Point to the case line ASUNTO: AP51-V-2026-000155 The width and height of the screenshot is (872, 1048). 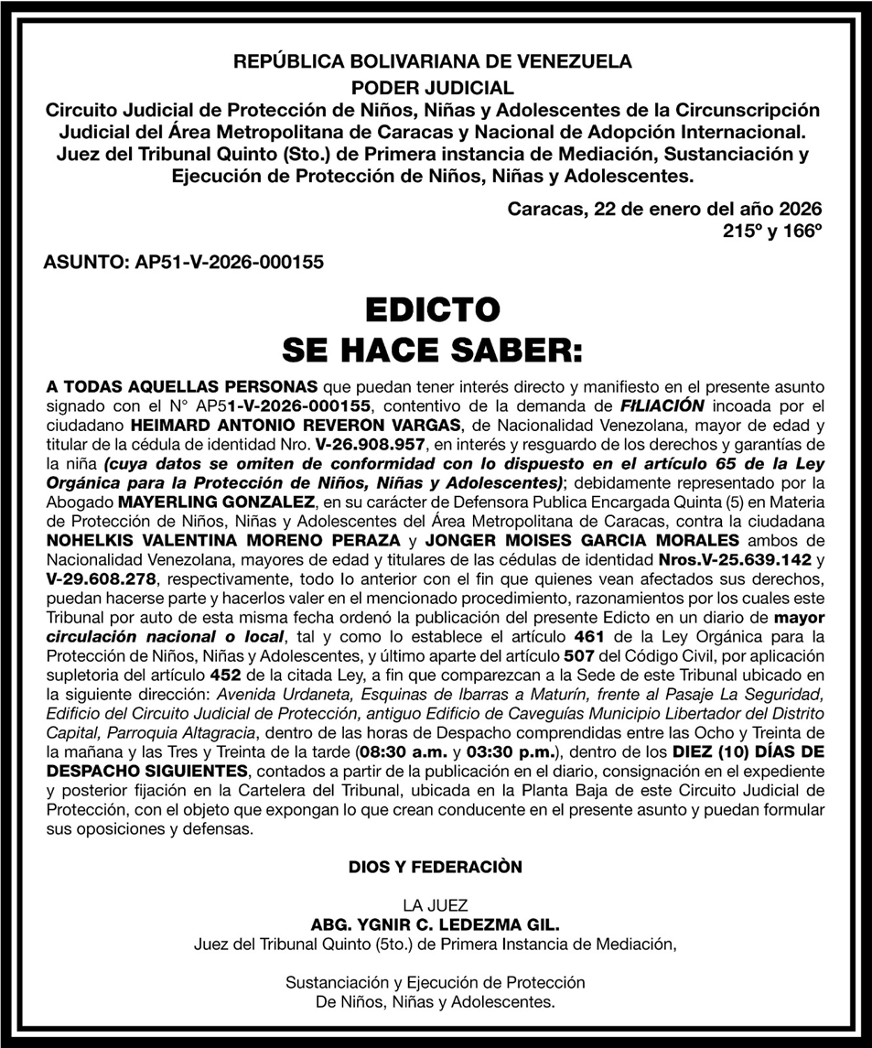[183, 262]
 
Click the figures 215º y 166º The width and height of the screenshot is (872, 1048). [772, 232]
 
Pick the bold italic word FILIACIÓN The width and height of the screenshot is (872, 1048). [662, 405]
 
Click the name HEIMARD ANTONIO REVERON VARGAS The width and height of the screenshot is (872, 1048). [297, 427]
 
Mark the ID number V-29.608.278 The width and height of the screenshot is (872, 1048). [101, 579]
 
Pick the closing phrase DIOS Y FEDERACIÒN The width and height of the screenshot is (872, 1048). [435, 867]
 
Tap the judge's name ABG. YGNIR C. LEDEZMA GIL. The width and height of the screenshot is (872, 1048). [435, 924]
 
